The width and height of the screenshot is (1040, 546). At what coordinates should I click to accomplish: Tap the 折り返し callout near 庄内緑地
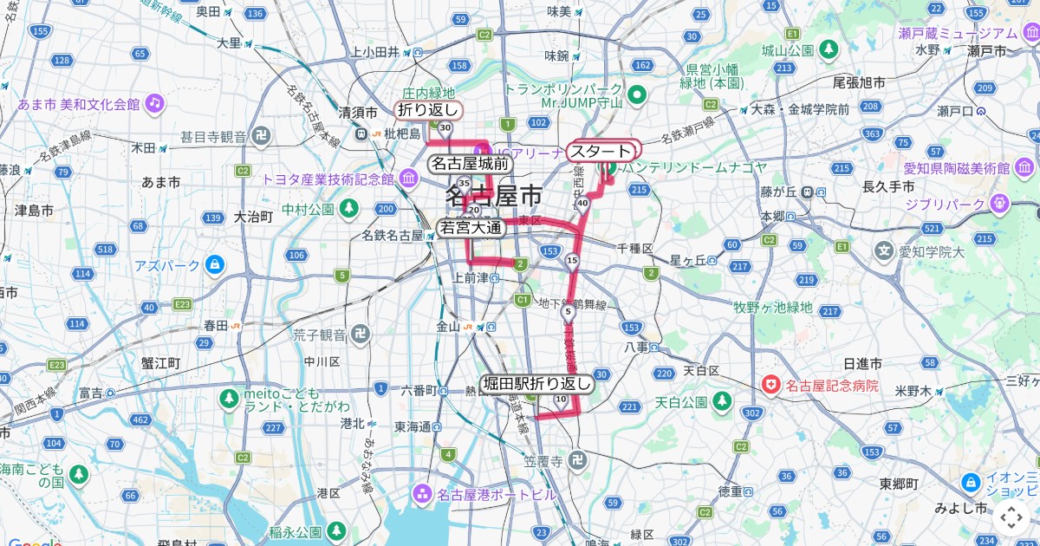pos(427,110)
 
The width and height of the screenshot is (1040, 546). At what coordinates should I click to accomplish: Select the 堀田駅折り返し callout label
pos(537,383)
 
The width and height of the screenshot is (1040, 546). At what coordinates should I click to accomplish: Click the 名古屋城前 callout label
pos(471,163)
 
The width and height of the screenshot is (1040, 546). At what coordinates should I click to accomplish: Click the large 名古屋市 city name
pos(494,196)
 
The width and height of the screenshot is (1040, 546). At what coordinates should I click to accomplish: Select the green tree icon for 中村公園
pos(348,208)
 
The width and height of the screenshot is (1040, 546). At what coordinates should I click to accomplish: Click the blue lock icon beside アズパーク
pos(214,264)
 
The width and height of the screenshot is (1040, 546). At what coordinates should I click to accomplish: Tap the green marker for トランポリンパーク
pos(636,94)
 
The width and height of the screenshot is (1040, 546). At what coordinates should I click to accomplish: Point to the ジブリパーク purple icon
pos(999,204)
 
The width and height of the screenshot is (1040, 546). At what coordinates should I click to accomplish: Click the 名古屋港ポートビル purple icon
pos(422,495)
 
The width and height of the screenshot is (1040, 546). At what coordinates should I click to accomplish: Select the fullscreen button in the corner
pos(1011,517)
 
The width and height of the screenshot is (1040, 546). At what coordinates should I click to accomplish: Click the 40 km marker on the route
pos(582,203)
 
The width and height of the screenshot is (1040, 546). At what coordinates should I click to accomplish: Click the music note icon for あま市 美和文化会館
pos(154,103)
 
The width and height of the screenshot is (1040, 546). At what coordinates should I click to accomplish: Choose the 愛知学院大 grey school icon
pos(883,252)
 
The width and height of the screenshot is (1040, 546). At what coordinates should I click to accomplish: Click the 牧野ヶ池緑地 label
pos(773,307)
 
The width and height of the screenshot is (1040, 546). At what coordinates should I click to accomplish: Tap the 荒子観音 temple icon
pos(361,334)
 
